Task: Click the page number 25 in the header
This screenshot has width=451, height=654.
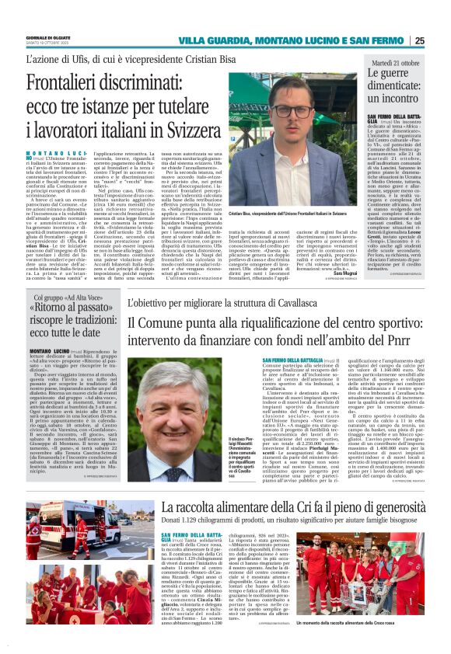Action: [441, 40]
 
